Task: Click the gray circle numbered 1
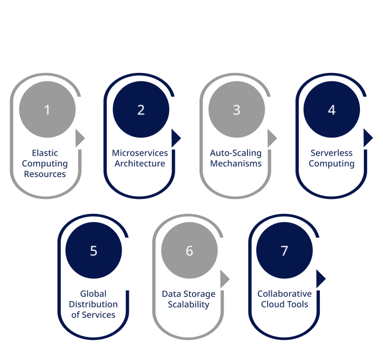coord(47,109)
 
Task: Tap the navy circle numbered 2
coord(141,109)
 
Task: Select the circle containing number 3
coord(237,109)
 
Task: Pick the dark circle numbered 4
coord(332,109)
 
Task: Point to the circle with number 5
coord(93,250)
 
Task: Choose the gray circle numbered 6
coord(189,250)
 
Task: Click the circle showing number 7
coord(284,250)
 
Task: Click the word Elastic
coord(45,153)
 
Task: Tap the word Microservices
coord(140,153)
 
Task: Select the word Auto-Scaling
coord(236,153)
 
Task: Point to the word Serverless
coord(331,153)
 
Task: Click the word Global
coord(93,293)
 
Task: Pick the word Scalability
coord(189,304)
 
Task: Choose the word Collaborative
coord(284,293)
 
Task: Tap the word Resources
coord(45,174)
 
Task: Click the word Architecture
coord(140,163)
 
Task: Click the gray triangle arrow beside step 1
coord(79,138)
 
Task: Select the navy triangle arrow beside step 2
coord(176,138)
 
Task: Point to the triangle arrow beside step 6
coord(224,279)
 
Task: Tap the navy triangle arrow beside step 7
coord(320,279)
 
